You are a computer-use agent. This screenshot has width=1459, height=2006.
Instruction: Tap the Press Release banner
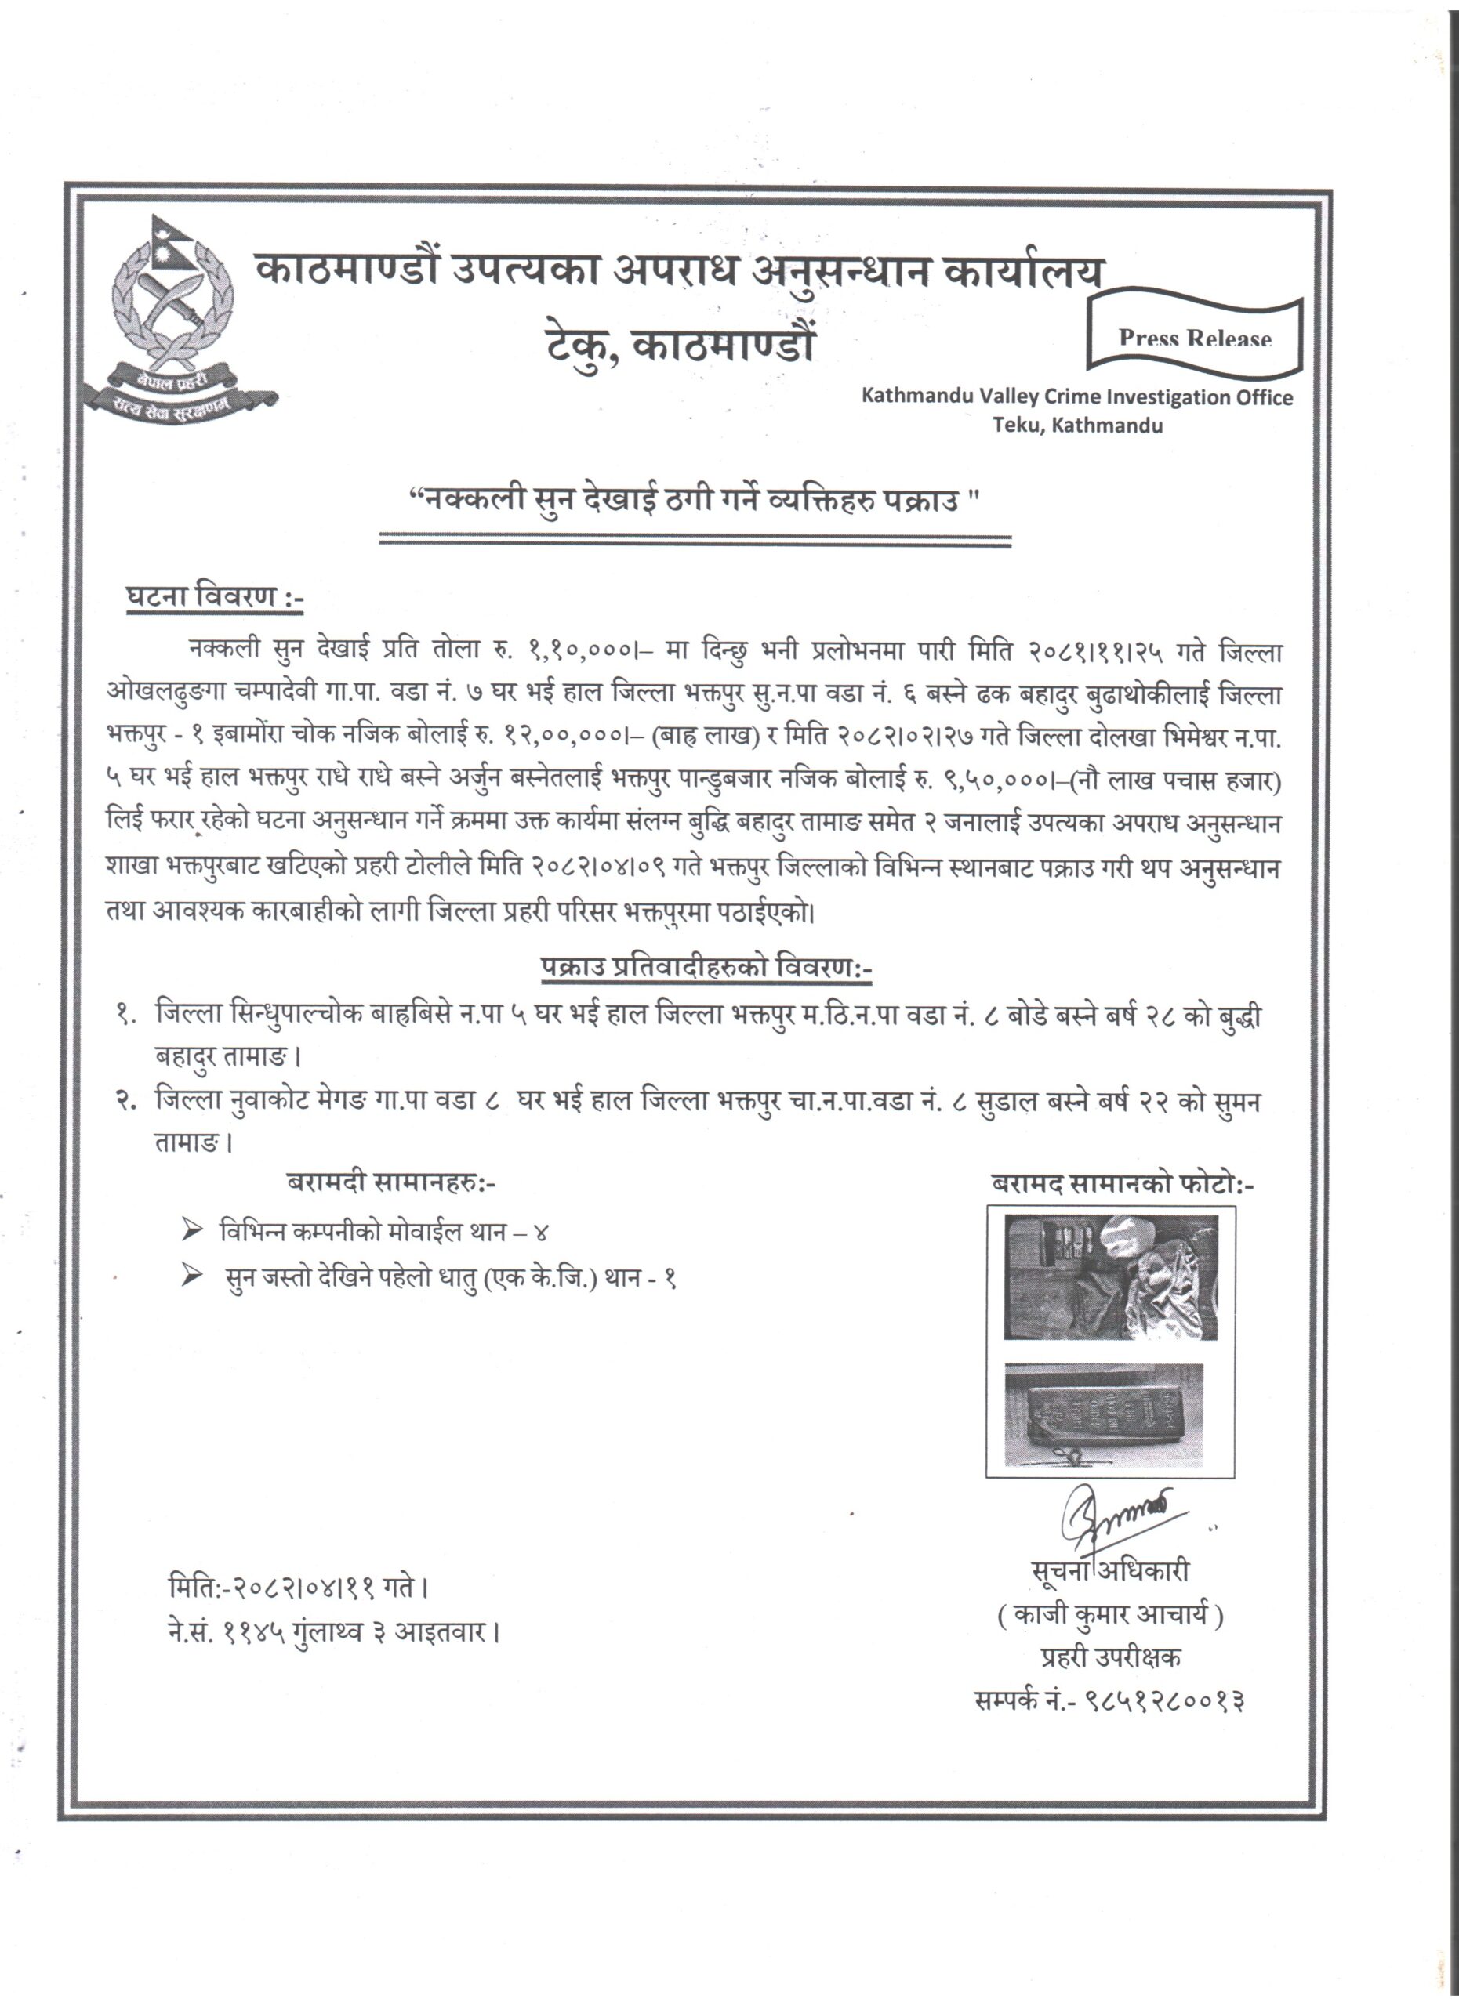1195,337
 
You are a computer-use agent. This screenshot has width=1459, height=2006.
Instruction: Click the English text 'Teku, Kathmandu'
1076,425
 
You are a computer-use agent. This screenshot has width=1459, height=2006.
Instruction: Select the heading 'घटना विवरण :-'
213,598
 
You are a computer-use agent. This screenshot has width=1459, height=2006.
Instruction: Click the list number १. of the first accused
125,1016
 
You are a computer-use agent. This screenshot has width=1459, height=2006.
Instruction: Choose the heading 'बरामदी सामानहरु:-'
392,1182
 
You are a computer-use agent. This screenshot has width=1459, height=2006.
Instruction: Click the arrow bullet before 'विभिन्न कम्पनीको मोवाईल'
192,1229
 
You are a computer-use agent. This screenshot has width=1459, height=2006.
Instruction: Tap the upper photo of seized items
1110,1276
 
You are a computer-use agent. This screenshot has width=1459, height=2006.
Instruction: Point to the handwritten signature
1115,1519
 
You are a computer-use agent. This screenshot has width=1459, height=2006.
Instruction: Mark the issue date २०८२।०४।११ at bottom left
303,1588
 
